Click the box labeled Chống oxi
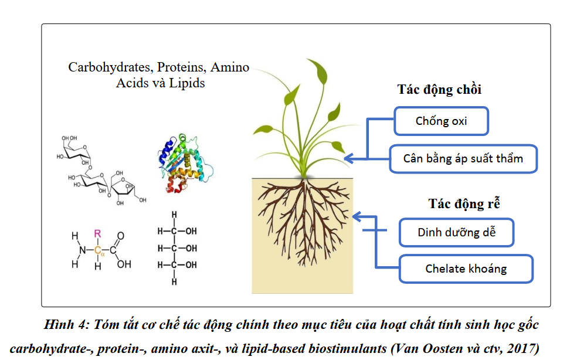pyautogui.click(x=441, y=121)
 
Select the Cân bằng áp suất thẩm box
pyautogui.click(x=463, y=158)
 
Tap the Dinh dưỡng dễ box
pyautogui.click(x=457, y=232)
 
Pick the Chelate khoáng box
pyautogui.click(x=466, y=269)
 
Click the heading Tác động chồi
pyautogui.click(x=439, y=90)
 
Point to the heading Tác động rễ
pyautogui.click(x=463, y=203)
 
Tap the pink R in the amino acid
pyautogui.click(x=97, y=233)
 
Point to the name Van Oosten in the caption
pyautogui.click(x=426, y=348)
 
